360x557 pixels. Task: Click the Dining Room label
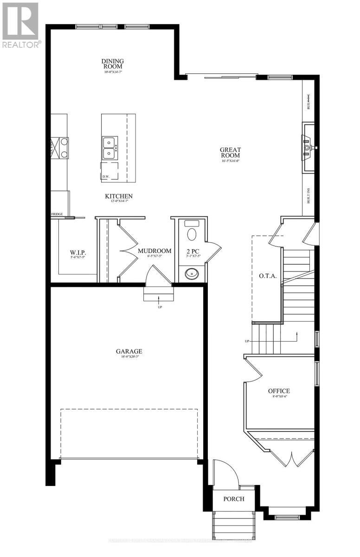pos(113,64)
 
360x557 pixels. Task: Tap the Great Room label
pos(231,153)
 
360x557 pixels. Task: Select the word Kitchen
pos(119,196)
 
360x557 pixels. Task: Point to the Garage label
pos(129,351)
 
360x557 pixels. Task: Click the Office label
pos(279,391)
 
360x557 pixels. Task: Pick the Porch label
pos(233,499)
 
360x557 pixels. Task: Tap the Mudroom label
pos(154,251)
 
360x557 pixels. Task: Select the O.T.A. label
pos(268,276)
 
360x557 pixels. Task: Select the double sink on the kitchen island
pos(110,148)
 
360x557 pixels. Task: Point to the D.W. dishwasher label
pos(106,176)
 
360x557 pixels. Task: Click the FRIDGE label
pos(57,214)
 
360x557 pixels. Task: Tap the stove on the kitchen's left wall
pos(60,148)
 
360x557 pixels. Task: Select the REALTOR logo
pos(21,26)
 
